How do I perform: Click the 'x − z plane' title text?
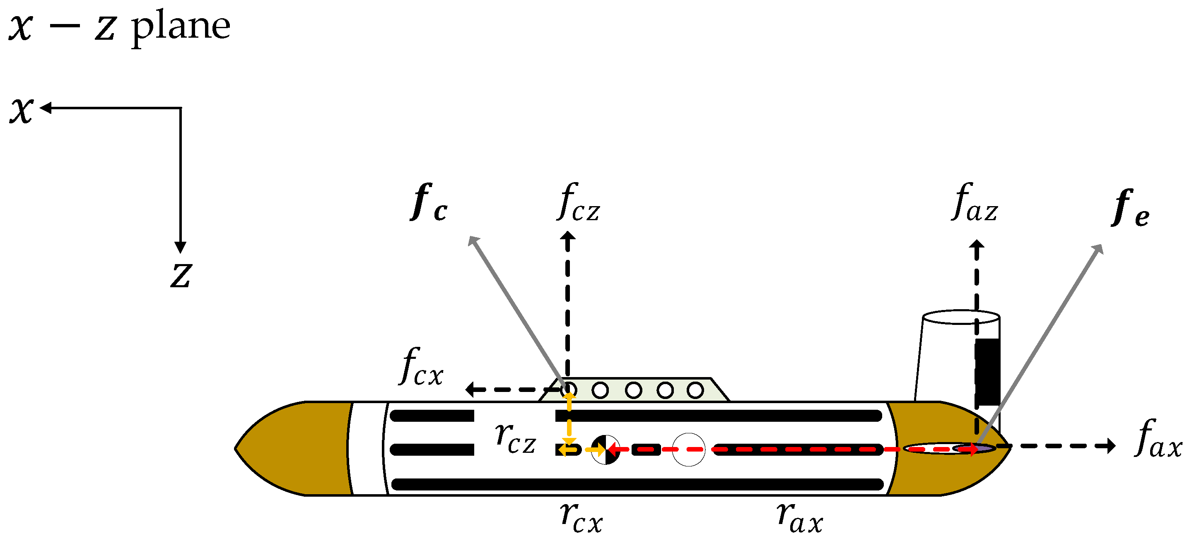pyautogui.click(x=119, y=27)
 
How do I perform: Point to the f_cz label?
pyautogui.click(x=579, y=203)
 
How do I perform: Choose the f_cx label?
pyautogui.click(x=421, y=367)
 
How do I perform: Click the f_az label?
pyautogui.click(x=975, y=203)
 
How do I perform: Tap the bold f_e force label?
pyautogui.click(x=1131, y=209)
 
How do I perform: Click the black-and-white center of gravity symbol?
pyautogui.click(x=606, y=450)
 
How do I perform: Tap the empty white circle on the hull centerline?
pyautogui.click(x=689, y=450)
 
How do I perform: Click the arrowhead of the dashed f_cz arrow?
pyautogui.click(x=567, y=236)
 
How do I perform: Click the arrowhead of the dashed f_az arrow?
pyautogui.click(x=977, y=245)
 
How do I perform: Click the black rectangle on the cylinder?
pyautogui.click(x=987, y=372)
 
